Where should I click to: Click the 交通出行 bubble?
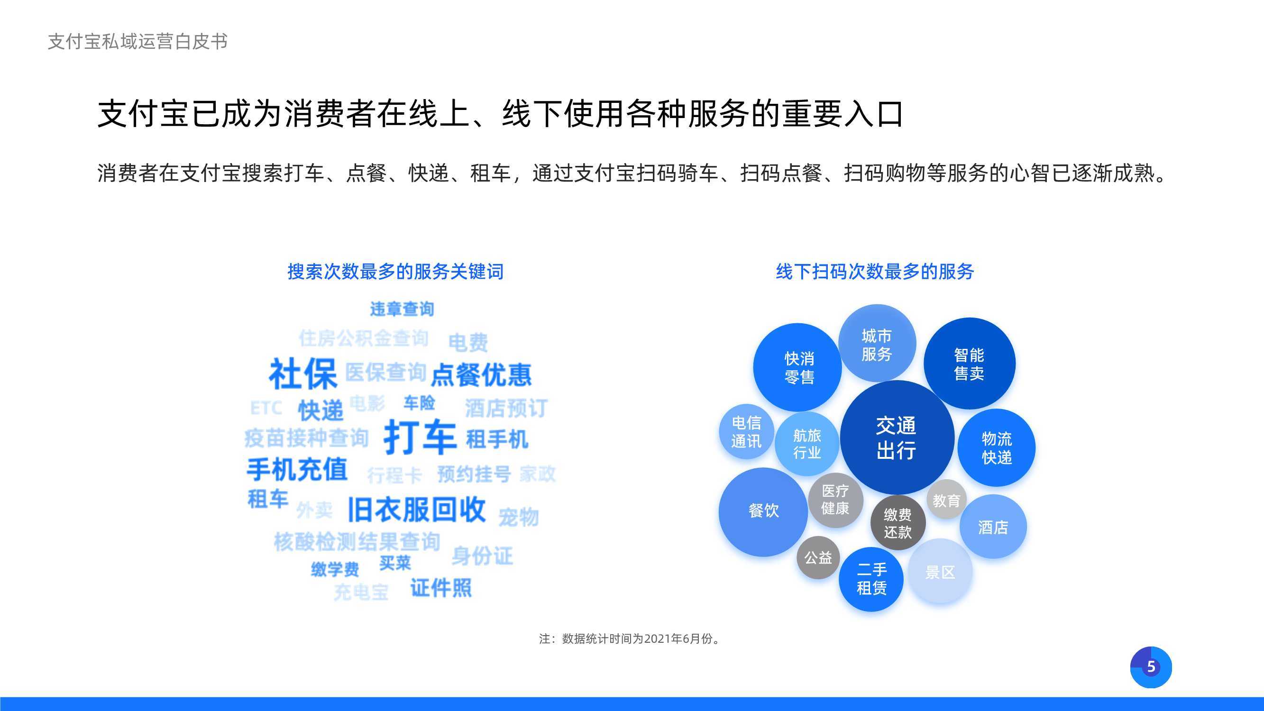(897, 437)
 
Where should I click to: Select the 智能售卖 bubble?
(969, 364)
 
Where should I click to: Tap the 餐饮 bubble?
(763, 512)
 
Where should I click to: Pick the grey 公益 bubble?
(818, 557)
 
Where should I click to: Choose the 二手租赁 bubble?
(871, 579)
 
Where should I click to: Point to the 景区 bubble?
(940, 572)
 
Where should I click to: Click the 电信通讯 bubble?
(746, 432)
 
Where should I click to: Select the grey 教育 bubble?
(946, 500)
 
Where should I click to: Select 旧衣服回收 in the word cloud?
(417, 510)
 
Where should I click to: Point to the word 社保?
(303, 374)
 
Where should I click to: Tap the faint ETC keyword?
(266, 408)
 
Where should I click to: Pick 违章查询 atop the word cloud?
(402, 309)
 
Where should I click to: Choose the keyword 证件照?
(440, 588)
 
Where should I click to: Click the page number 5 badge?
(1151, 667)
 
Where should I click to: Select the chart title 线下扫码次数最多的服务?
(875, 271)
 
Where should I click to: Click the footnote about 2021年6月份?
(630, 638)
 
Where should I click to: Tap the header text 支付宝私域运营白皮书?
(138, 42)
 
